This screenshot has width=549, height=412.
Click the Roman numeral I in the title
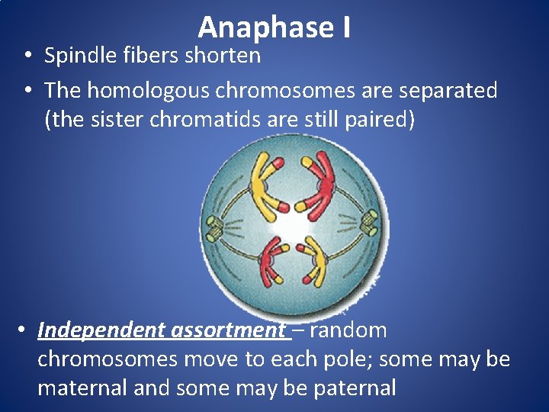345,28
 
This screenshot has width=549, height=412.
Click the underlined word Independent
101,330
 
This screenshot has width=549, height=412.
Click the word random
348,330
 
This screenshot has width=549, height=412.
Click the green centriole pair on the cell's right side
368,220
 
